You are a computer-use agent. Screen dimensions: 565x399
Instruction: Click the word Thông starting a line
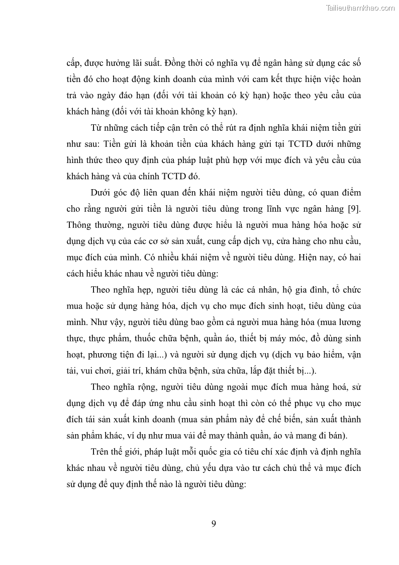[80, 224]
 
